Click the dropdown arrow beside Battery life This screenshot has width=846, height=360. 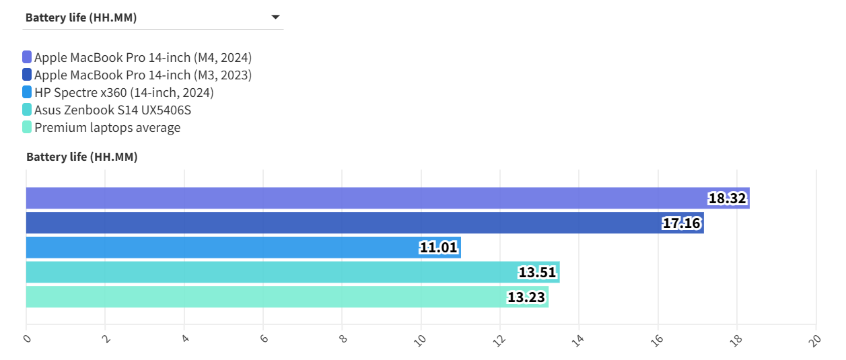tap(275, 17)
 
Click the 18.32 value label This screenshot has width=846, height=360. tap(728, 199)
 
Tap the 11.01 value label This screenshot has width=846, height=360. tap(439, 248)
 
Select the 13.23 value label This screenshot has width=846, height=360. tap(526, 297)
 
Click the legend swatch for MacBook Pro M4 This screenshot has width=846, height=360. tap(27, 57)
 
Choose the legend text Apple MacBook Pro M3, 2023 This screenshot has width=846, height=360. tap(143, 75)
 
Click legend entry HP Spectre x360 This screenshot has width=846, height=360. tap(124, 92)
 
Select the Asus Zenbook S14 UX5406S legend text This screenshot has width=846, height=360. tap(117, 110)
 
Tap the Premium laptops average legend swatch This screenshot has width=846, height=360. tap(27, 127)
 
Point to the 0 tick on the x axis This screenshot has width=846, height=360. tap(27, 338)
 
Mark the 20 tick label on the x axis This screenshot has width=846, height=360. tap(815, 339)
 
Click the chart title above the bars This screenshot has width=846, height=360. tap(81, 157)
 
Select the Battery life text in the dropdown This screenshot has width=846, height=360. tap(81, 17)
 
